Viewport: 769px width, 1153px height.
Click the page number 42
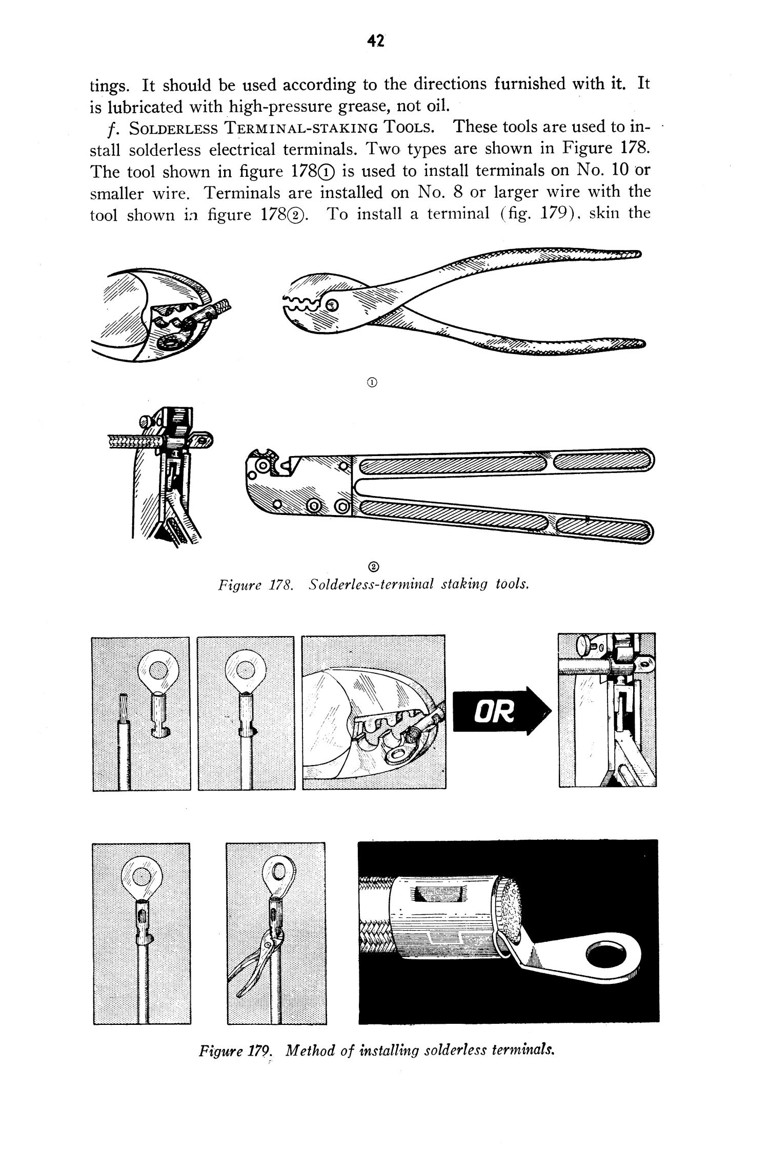pyautogui.click(x=376, y=42)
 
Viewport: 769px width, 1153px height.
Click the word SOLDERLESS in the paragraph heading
pyautogui.click(x=173, y=128)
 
